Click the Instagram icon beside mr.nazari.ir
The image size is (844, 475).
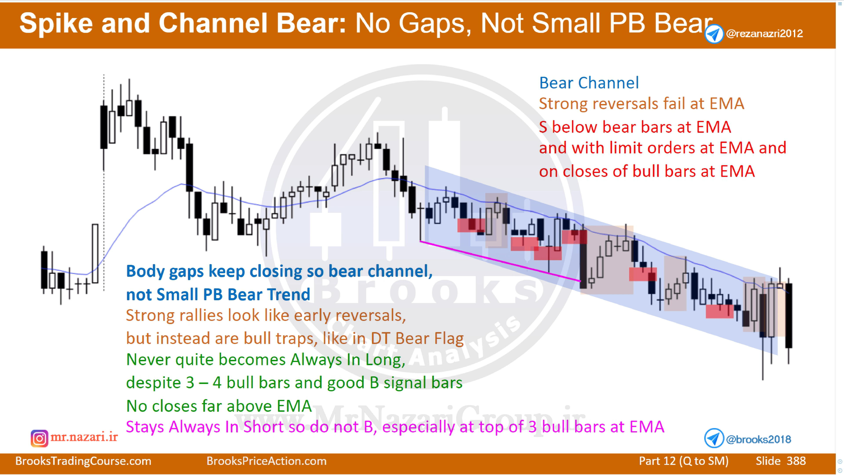point(39,438)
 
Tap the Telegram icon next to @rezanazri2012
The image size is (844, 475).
point(714,34)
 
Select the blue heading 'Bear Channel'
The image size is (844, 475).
point(589,83)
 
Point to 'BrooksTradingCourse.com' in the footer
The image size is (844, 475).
point(83,461)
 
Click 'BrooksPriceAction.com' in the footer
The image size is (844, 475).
point(266,461)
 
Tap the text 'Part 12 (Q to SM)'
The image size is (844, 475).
point(684,461)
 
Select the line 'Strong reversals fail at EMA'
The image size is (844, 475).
point(641,104)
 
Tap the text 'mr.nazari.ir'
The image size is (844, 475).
point(84,437)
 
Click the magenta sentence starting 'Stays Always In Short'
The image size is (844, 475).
point(395,427)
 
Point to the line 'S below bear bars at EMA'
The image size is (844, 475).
point(635,127)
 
